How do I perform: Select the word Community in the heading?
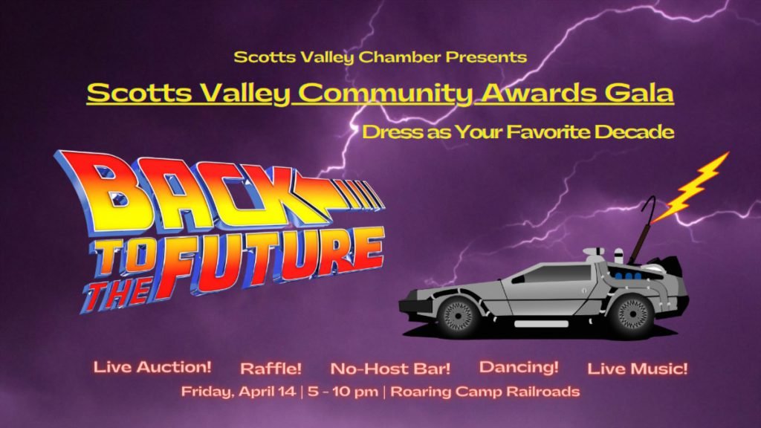(385, 93)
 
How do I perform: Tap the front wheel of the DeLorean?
(457, 314)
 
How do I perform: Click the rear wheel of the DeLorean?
(633, 314)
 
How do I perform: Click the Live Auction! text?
(152, 367)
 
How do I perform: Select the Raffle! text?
(271, 369)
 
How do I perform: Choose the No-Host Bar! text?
(390, 369)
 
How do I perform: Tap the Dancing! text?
(519, 367)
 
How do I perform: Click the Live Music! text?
(637, 369)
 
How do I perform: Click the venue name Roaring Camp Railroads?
(485, 392)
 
